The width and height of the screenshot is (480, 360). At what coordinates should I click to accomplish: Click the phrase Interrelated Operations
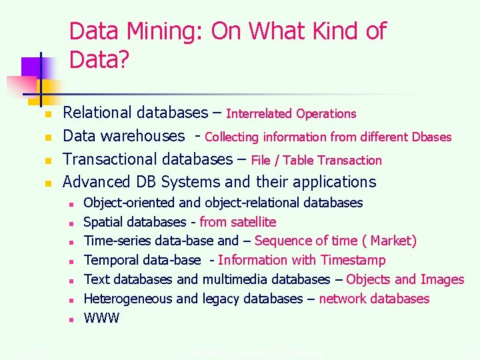(x=291, y=114)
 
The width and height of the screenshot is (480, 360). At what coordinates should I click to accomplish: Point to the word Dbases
(x=431, y=137)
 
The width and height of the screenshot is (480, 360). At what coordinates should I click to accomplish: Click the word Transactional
(x=111, y=159)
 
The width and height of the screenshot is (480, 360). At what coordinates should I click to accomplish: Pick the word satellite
(x=253, y=222)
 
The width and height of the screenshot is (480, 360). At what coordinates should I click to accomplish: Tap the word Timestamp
(x=353, y=260)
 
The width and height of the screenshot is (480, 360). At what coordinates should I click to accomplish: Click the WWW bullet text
(x=101, y=318)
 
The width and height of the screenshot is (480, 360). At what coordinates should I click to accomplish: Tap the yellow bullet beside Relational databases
(x=48, y=115)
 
